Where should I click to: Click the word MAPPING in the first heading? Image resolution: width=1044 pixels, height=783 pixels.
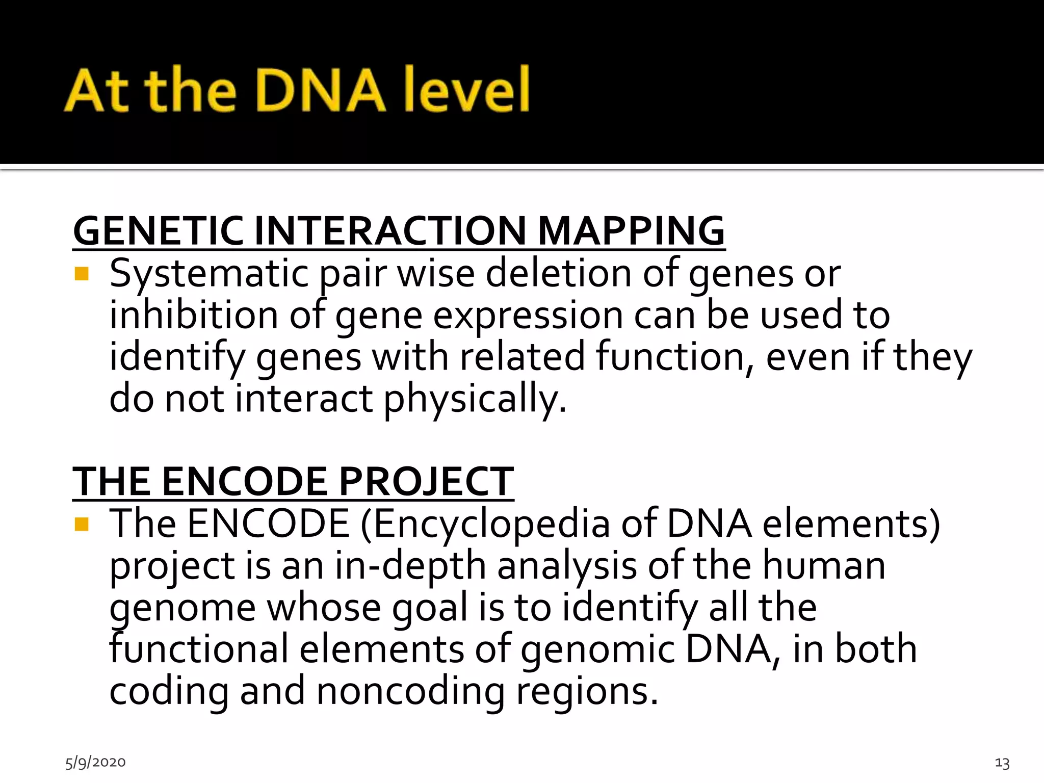pyautogui.click(x=631, y=231)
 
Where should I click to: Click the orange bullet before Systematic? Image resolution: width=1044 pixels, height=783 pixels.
pyautogui.click(x=82, y=274)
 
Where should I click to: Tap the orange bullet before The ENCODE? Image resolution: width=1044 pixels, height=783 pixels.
pyautogui.click(x=82, y=525)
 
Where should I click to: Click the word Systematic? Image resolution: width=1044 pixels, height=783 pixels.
pyautogui.click(x=209, y=274)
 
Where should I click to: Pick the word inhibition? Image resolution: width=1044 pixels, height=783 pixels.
pyautogui.click(x=194, y=315)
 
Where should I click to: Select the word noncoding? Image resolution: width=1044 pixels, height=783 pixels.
pyautogui.click(x=410, y=691)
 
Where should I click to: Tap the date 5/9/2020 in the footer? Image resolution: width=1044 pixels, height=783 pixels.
pyautogui.click(x=95, y=762)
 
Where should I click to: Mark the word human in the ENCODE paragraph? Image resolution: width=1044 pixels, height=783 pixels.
pyautogui.click(x=823, y=566)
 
